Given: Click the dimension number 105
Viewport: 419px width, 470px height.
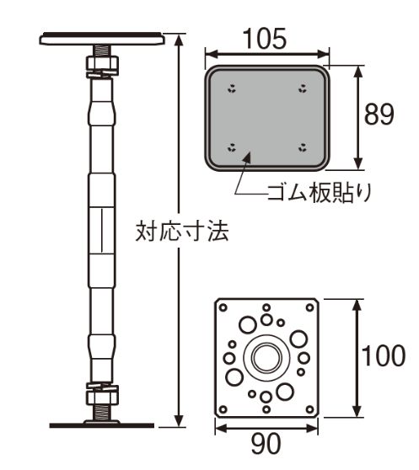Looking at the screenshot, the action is pos(265,39).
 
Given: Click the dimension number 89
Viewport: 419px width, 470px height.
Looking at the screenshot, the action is pos(379,115).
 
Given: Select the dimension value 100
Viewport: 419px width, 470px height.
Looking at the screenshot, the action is pos(384,355).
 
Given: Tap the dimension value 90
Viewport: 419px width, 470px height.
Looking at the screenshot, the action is pos(266,444).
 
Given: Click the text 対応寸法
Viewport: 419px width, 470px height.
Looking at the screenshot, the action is pos(182,231).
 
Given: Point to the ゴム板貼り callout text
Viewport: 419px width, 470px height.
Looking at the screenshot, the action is pos(320,192).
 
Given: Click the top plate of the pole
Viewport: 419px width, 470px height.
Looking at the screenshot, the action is pos(102,40).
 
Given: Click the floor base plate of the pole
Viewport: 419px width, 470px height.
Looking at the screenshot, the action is pos(102,425).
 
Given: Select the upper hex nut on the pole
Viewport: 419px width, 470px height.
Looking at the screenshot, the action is pos(102,63).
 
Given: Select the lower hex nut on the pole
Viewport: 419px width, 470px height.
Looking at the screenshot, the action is pos(102,397).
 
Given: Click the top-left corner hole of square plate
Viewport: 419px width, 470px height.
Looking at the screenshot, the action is pos(223,307).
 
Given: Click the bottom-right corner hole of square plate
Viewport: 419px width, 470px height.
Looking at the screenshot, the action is pos(309,409).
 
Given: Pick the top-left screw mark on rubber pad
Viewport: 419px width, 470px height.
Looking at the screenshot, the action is pos(232,88).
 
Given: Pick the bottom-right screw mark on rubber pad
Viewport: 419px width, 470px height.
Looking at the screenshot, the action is pos(303,147).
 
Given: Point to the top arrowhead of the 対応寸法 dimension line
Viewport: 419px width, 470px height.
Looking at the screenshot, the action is pos(179,40).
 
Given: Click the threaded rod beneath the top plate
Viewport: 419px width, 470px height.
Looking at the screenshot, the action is pos(102,51).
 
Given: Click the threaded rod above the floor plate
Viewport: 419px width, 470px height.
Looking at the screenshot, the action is pos(102,412).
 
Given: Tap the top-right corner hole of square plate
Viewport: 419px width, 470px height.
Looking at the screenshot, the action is pos(309,307).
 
